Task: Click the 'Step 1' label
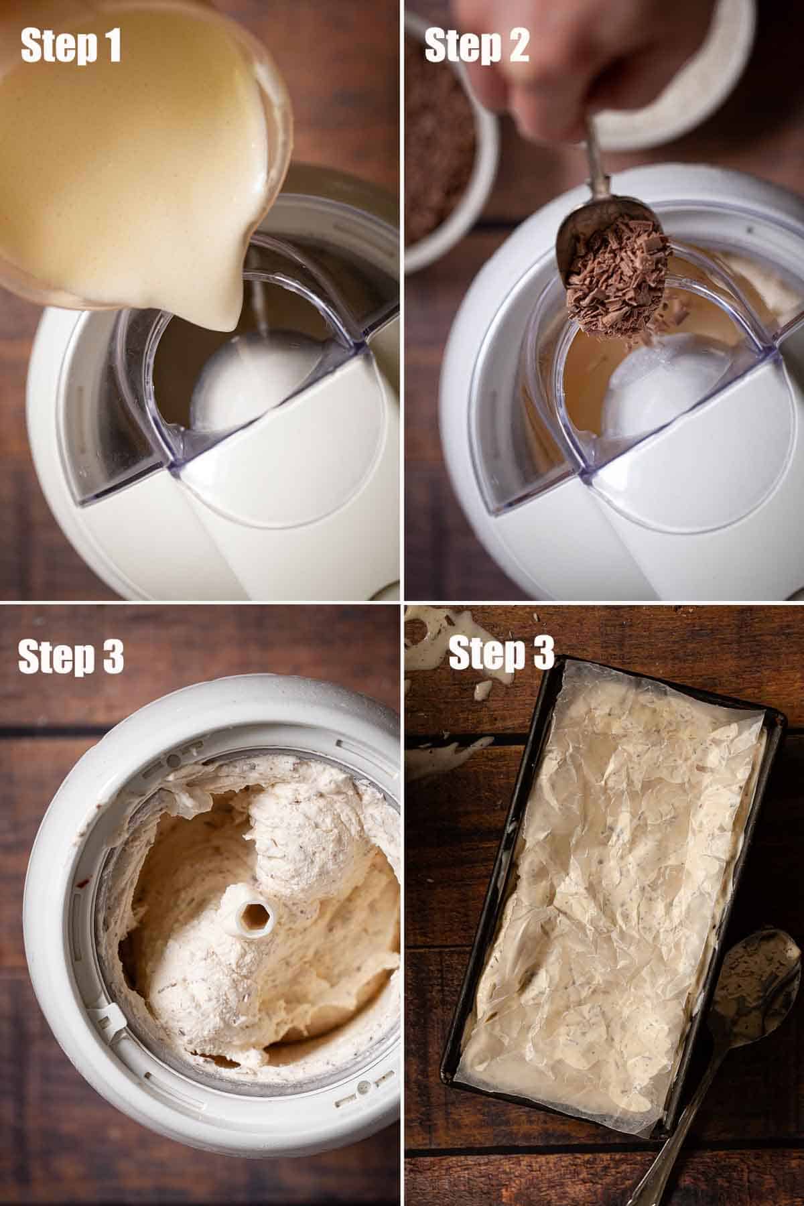coord(72,46)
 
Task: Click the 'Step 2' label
coord(476,46)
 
